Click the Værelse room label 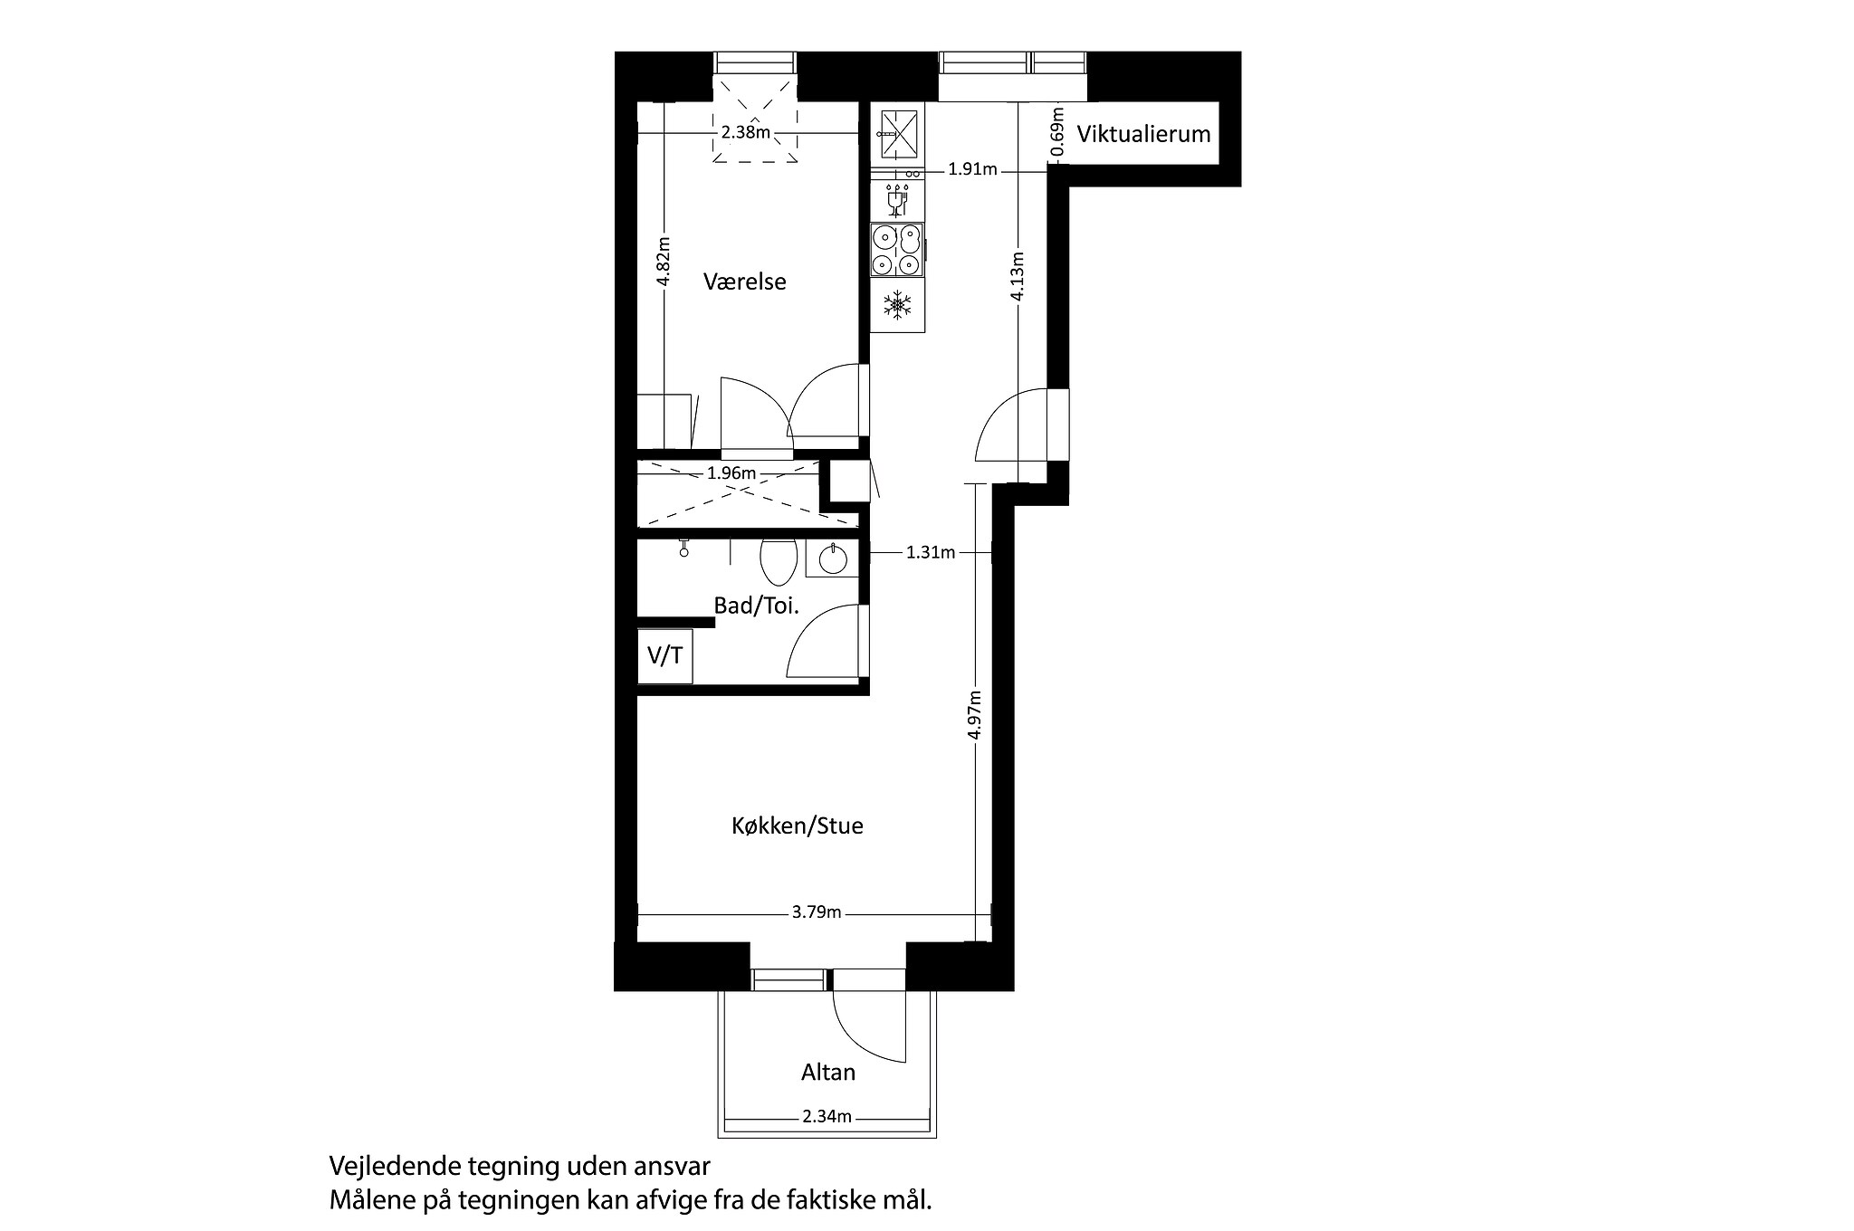744,282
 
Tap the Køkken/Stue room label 797,825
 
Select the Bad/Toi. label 756,606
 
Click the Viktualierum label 1142,134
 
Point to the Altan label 827,1073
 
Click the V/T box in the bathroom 665,655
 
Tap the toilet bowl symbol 778,562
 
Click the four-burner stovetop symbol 897,249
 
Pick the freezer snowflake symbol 897,304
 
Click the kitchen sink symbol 897,133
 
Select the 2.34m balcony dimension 827,1116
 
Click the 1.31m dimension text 931,552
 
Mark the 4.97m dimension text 974,715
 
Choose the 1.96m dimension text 731,472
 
